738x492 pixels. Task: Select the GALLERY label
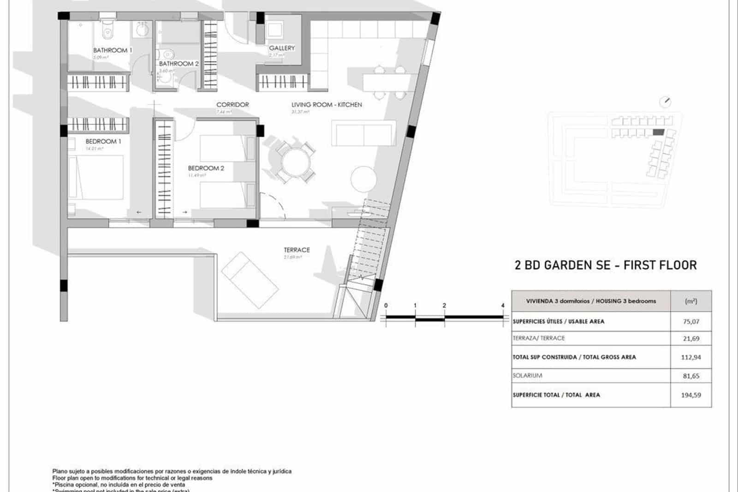(282, 48)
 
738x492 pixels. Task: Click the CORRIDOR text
(232, 105)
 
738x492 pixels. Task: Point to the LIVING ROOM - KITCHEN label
(327, 105)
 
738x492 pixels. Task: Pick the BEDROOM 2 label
(206, 168)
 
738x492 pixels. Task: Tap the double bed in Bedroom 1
(96, 177)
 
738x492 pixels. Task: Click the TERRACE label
(297, 250)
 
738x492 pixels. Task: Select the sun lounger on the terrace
(250, 280)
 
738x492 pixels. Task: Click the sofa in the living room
(364, 133)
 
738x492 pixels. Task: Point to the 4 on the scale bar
(503, 306)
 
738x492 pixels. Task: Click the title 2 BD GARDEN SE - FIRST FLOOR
(605, 265)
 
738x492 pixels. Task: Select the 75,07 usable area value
(691, 321)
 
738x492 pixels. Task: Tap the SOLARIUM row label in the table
(527, 376)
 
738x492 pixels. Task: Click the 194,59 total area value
(691, 395)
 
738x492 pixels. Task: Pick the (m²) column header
(691, 301)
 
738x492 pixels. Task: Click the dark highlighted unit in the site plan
(659, 132)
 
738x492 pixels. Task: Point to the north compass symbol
(665, 102)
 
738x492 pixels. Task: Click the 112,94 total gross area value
(691, 357)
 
